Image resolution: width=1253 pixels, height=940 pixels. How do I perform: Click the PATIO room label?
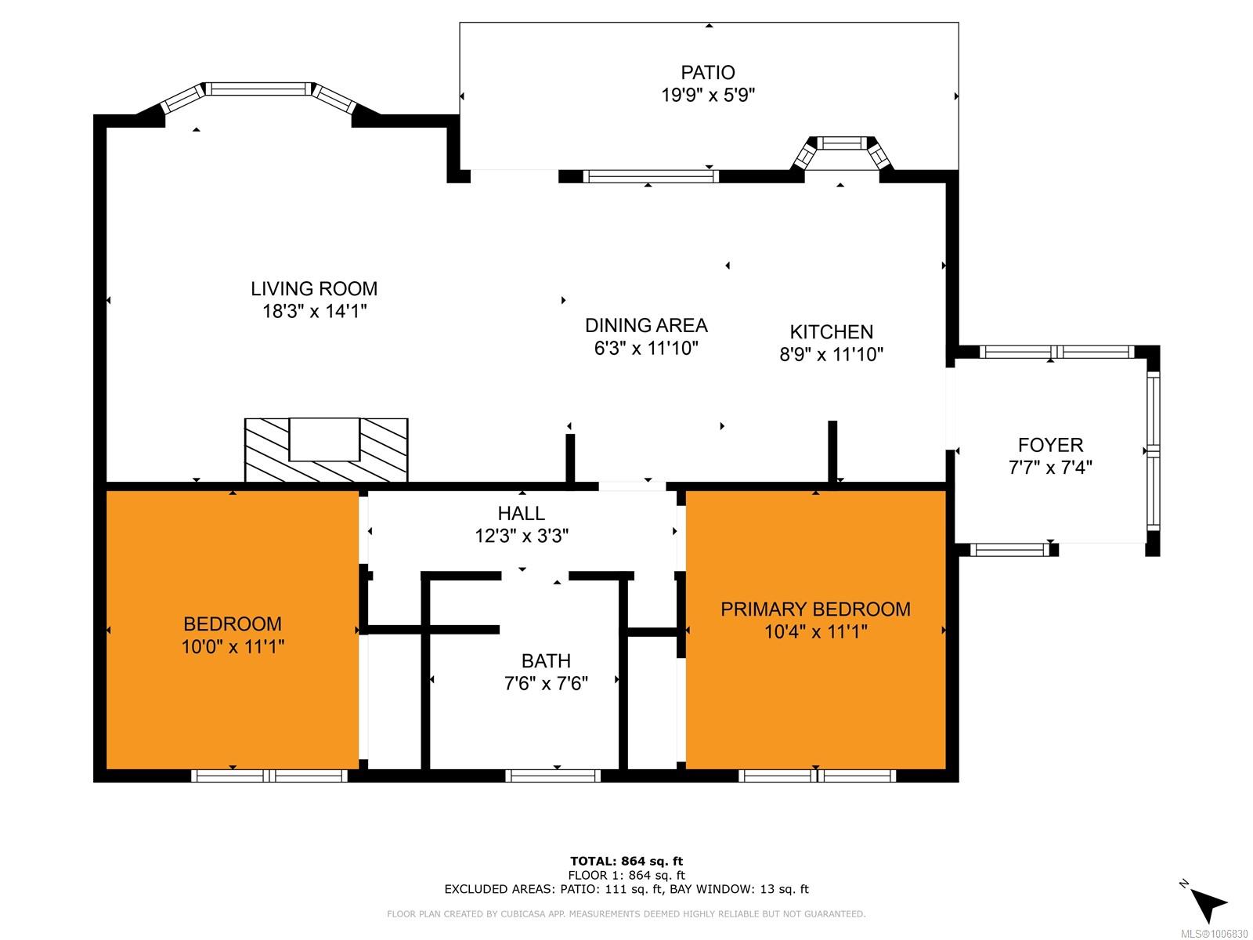(707, 73)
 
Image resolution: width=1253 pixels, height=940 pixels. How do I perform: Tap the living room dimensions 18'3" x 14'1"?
(314, 311)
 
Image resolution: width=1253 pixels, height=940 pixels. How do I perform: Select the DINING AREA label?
(646, 325)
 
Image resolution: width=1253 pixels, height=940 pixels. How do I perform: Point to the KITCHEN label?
(831, 331)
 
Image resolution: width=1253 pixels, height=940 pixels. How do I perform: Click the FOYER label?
(1050, 445)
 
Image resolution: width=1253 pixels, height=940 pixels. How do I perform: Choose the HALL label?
(522, 513)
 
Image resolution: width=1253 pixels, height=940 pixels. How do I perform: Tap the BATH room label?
(546, 660)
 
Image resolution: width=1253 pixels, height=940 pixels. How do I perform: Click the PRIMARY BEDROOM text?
(815, 609)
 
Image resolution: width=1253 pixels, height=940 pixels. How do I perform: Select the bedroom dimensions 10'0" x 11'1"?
(233, 647)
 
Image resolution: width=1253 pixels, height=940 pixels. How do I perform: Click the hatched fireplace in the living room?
(326, 450)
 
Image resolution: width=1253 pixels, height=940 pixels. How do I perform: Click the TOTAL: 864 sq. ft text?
(626, 861)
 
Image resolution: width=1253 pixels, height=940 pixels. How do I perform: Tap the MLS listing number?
(1214, 934)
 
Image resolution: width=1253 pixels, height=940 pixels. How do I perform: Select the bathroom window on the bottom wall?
(553, 775)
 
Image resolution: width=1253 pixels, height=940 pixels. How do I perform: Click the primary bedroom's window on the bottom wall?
(817, 775)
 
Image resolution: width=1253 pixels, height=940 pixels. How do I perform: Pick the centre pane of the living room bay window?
(259, 89)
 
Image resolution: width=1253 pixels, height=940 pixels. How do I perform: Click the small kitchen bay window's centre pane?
(843, 143)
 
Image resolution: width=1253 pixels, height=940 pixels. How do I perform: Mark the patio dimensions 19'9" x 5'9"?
(708, 95)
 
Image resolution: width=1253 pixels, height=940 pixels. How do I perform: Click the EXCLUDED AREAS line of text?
(626, 888)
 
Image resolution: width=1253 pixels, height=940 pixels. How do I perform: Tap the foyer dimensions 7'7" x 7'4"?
(1050, 468)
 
